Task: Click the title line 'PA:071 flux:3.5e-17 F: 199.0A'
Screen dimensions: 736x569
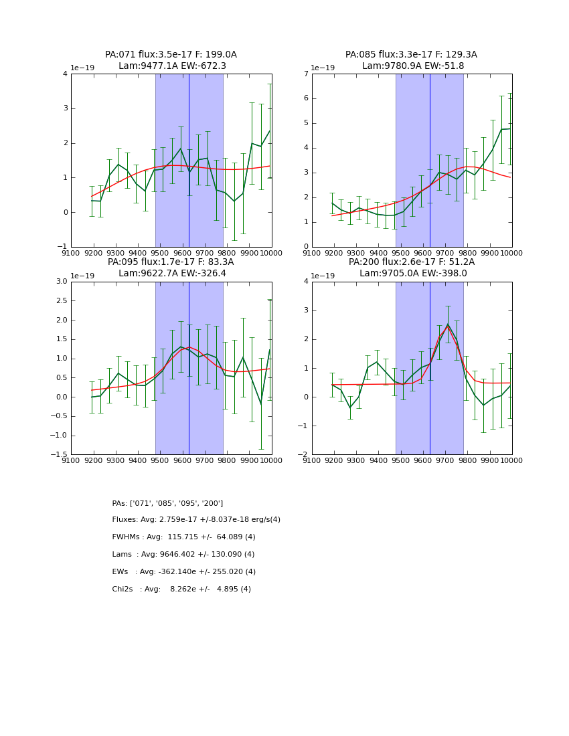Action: click(x=171, y=55)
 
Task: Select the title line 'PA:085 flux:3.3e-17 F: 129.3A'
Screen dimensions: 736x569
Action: click(x=411, y=55)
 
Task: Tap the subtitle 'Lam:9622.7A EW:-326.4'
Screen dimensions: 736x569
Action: click(x=171, y=274)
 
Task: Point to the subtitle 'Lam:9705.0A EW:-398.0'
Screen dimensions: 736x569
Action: click(x=411, y=274)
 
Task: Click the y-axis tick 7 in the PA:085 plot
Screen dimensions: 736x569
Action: click(x=305, y=74)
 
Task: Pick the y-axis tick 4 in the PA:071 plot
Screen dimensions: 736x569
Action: click(x=64, y=74)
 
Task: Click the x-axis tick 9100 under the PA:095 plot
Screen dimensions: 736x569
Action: click(x=72, y=460)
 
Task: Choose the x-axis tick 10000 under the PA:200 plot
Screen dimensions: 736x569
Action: click(x=511, y=460)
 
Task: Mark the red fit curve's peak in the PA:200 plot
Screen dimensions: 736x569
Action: click(x=448, y=326)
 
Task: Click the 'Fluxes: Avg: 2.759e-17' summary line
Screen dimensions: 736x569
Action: click(x=196, y=520)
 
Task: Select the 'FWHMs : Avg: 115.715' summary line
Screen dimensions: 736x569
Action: click(x=183, y=537)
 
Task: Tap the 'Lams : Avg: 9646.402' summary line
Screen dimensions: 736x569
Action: click(x=183, y=555)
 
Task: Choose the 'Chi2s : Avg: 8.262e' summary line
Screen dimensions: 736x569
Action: click(x=181, y=589)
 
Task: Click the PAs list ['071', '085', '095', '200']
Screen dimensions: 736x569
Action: click(x=167, y=503)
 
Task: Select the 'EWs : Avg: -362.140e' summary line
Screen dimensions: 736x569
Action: click(x=183, y=572)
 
